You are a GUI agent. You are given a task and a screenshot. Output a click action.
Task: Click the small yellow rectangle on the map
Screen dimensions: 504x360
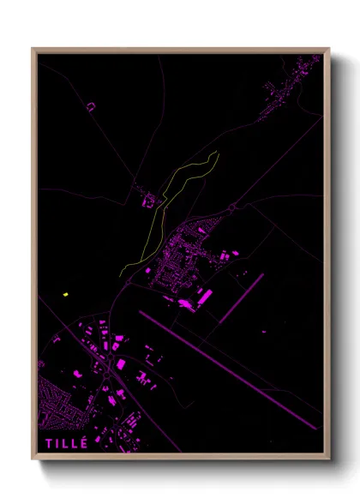tap(65, 295)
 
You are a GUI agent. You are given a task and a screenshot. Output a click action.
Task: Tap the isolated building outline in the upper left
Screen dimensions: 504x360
tap(90, 106)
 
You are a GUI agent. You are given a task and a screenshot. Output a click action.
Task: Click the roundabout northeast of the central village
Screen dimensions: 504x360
tap(233, 207)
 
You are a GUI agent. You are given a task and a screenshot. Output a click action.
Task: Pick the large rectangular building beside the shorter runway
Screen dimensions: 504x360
tap(205, 296)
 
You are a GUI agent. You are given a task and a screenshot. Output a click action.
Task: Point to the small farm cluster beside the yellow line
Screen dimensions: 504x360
tap(149, 200)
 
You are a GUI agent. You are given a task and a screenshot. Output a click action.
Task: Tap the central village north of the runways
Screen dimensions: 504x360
tap(184, 257)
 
